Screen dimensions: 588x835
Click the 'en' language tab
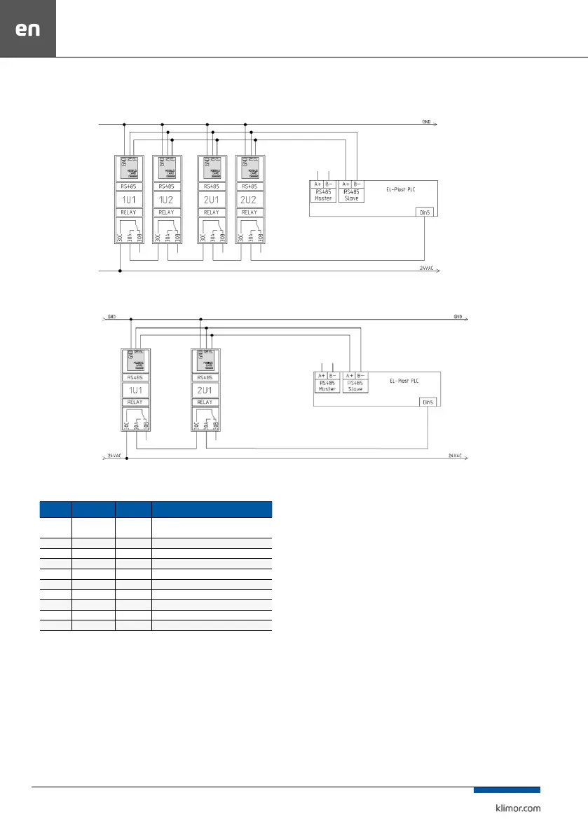[x=28, y=29]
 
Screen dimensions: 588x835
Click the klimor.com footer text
[x=514, y=808]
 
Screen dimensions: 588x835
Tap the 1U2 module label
[x=167, y=199]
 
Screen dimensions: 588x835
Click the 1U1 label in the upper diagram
[x=129, y=199]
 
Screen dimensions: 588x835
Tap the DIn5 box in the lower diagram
[x=428, y=402]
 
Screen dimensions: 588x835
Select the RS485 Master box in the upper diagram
[x=323, y=194]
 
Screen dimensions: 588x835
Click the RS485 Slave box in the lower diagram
[x=355, y=385]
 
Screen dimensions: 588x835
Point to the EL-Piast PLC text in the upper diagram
[x=401, y=189]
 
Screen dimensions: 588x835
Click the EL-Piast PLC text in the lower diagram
[x=404, y=381]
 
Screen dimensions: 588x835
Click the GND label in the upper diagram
[x=426, y=121]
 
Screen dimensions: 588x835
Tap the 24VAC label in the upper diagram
[x=427, y=269]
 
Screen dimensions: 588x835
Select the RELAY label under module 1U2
[x=167, y=212]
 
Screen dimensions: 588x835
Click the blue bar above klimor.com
[x=507, y=790]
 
